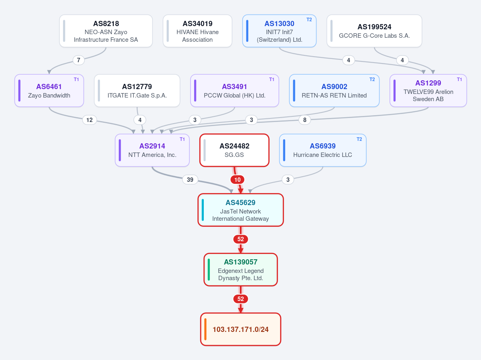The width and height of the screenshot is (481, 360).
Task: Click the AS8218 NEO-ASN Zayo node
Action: (106, 31)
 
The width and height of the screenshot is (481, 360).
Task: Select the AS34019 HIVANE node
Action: (197, 31)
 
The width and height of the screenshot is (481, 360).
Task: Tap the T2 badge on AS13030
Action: (309, 20)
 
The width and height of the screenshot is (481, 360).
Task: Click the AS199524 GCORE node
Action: (374, 31)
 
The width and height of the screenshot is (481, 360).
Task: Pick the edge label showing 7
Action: (79, 60)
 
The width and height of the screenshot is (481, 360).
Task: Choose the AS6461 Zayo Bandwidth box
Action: (49, 91)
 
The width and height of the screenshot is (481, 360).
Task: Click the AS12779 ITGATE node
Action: (137, 91)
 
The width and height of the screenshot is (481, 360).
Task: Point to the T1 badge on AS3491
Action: (272, 79)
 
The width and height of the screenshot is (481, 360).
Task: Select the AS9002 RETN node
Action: (334, 91)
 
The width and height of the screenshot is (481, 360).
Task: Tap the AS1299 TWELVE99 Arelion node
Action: (428, 91)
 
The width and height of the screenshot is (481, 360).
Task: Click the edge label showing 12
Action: (89, 120)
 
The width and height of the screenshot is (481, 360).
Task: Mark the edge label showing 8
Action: (304, 120)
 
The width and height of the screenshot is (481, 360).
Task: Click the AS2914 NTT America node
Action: (152, 150)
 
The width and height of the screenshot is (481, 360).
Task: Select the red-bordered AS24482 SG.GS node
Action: (234, 150)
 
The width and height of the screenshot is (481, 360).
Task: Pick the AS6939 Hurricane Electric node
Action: (323, 150)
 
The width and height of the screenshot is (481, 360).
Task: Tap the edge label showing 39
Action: (190, 179)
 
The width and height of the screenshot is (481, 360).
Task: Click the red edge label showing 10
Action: (237, 179)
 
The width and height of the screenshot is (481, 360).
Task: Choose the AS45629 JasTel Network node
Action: (241, 210)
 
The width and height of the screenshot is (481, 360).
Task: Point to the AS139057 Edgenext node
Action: (241, 269)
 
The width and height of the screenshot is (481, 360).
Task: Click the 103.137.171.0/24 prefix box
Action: (241, 329)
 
